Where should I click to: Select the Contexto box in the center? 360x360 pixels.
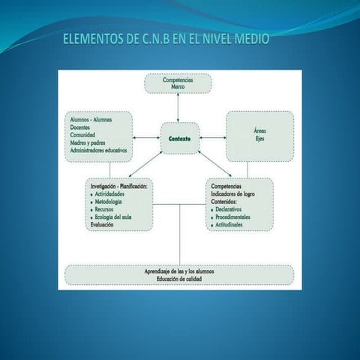click(x=180, y=139)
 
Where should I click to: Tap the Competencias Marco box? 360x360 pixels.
click(x=178, y=82)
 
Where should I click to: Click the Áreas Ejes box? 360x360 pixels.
click(x=259, y=135)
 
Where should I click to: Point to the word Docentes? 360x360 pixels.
click(x=81, y=127)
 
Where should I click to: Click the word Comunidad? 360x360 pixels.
click(x=83, y=135)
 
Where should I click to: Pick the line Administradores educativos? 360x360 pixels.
click(x=99, y=150)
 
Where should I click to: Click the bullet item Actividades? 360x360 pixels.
click(x=111, y=193)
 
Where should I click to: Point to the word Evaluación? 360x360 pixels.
click(x=103, y=224)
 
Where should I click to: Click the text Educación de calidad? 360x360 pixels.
click(x=179, y=279)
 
